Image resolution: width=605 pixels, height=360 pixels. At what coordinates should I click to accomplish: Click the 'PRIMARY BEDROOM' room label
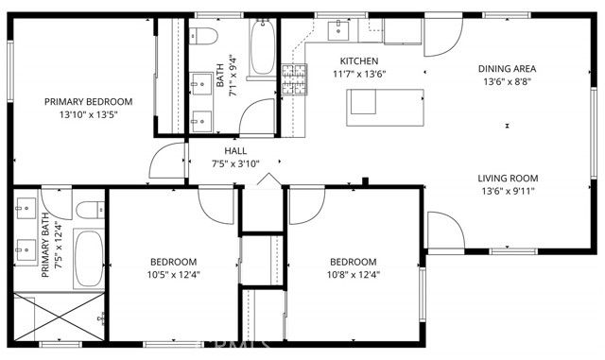pyautogui.click(x=89, y=101)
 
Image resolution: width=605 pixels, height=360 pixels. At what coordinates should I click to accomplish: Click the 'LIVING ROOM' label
pyautogui.click(x=507, y=178)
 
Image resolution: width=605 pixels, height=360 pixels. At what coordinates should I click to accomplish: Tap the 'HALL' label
pyautogui.click(x=236, y=151)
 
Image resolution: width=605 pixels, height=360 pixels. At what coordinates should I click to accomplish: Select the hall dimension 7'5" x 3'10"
pyautogui.click(x=236, y=164)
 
